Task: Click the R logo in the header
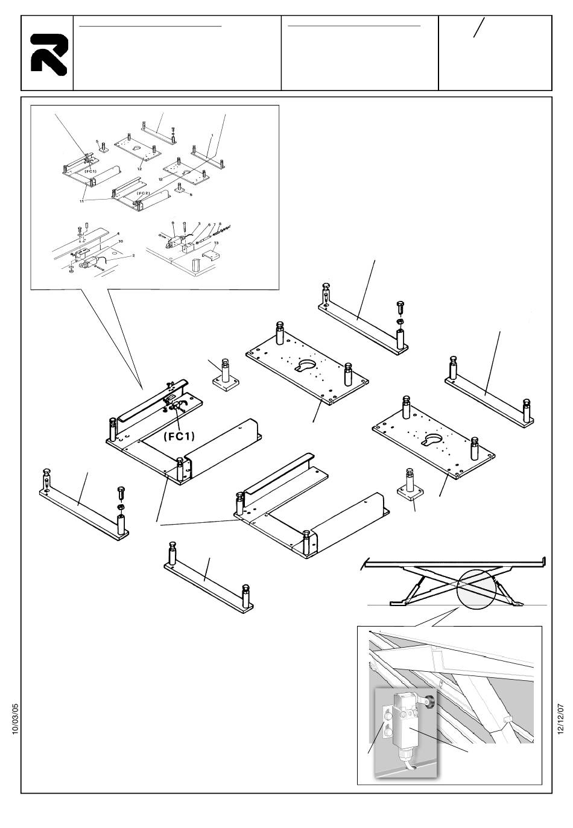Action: click(48, 54)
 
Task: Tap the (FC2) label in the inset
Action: click(142, 193)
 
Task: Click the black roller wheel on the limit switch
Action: click(430, 701)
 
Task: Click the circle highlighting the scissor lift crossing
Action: click(476, 589)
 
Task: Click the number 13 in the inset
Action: click(216, 242)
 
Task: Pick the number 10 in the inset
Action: click(121, 241)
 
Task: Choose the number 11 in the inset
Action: click(82, 201)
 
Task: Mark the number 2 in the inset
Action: click(133, 256)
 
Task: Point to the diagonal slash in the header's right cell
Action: click(479, 28)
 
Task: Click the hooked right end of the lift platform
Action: click(544, 562)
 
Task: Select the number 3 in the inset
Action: click(198, 223)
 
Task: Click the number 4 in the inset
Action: click(118, 233)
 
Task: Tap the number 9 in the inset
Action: click(174, 224)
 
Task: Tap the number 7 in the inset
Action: click(214, 223)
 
